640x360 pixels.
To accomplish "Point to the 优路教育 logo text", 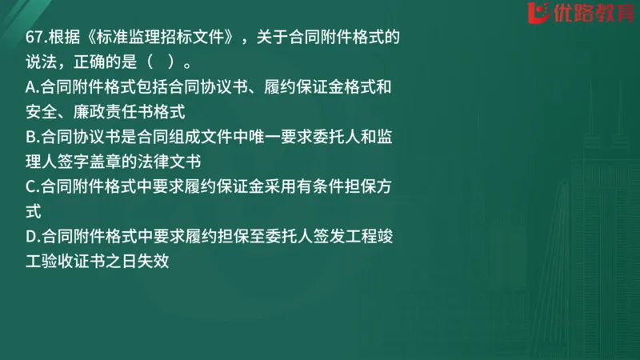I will (x=578, y=14).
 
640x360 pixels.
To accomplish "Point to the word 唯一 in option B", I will (x=257, y=136).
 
